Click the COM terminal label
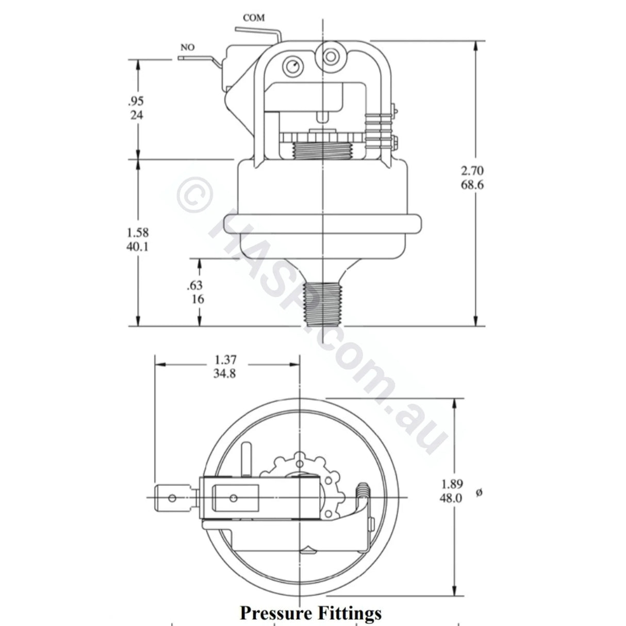254,18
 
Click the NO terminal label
188,47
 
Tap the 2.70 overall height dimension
472,171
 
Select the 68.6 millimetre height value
472,185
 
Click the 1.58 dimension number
137,233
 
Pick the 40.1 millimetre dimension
137,246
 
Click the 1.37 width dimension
225,359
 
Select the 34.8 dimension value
225,373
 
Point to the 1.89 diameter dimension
452,484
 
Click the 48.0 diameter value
452,498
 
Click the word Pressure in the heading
275,613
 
